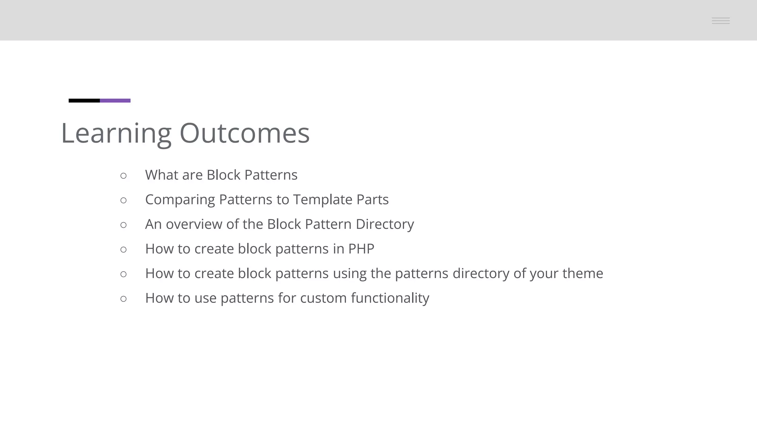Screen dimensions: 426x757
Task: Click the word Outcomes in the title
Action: click(244, 133)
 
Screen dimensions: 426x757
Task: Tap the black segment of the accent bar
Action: click(84, 101)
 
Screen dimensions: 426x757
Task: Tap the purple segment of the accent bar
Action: click(115, 101)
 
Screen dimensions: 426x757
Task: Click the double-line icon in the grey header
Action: click(720, 21)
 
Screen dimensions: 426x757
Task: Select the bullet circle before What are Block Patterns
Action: click(123, 176)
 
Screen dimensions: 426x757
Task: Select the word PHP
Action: click(361, 249)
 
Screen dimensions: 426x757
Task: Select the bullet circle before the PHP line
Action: click(123, 250)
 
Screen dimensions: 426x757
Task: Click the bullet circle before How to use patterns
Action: click(123, 299)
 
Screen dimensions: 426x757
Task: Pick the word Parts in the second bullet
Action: click(372, 200)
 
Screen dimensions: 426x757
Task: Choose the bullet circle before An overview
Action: click(123, 225)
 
